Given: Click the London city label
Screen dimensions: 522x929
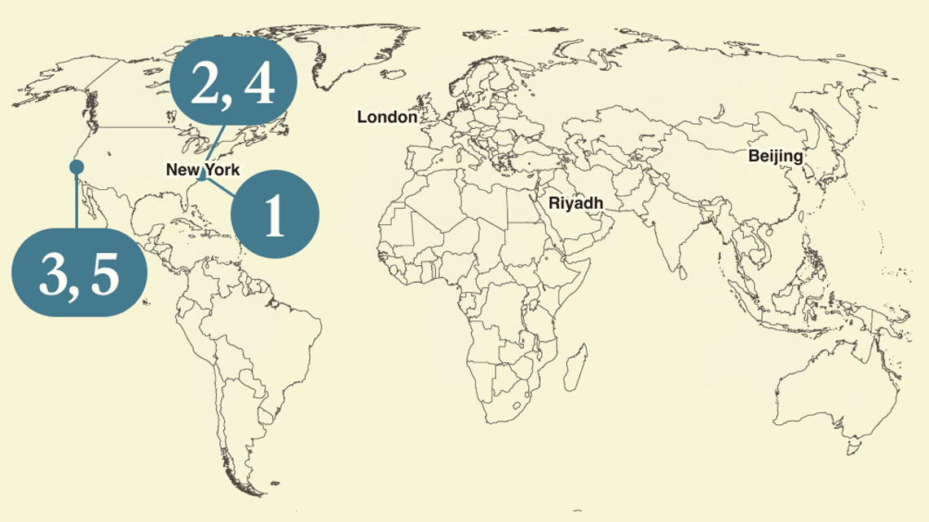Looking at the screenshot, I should [387, 117].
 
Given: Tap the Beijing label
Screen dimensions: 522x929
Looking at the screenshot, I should [775, 156].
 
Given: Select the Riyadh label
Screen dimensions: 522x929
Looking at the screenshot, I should [575, 202].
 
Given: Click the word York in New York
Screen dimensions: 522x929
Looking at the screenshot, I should [222, 170].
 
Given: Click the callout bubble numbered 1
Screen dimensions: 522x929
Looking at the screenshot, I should [275, 214].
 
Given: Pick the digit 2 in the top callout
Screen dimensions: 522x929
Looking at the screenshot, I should [205, 85].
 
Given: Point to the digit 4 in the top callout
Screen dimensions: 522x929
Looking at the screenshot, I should [258, 85].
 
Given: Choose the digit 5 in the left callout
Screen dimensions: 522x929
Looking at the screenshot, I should [105, 276].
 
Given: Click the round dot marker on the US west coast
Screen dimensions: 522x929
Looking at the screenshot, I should [77, 167].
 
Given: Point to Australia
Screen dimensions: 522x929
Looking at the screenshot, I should [823, 383].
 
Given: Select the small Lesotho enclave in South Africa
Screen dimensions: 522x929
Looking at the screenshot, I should [515, 405].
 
